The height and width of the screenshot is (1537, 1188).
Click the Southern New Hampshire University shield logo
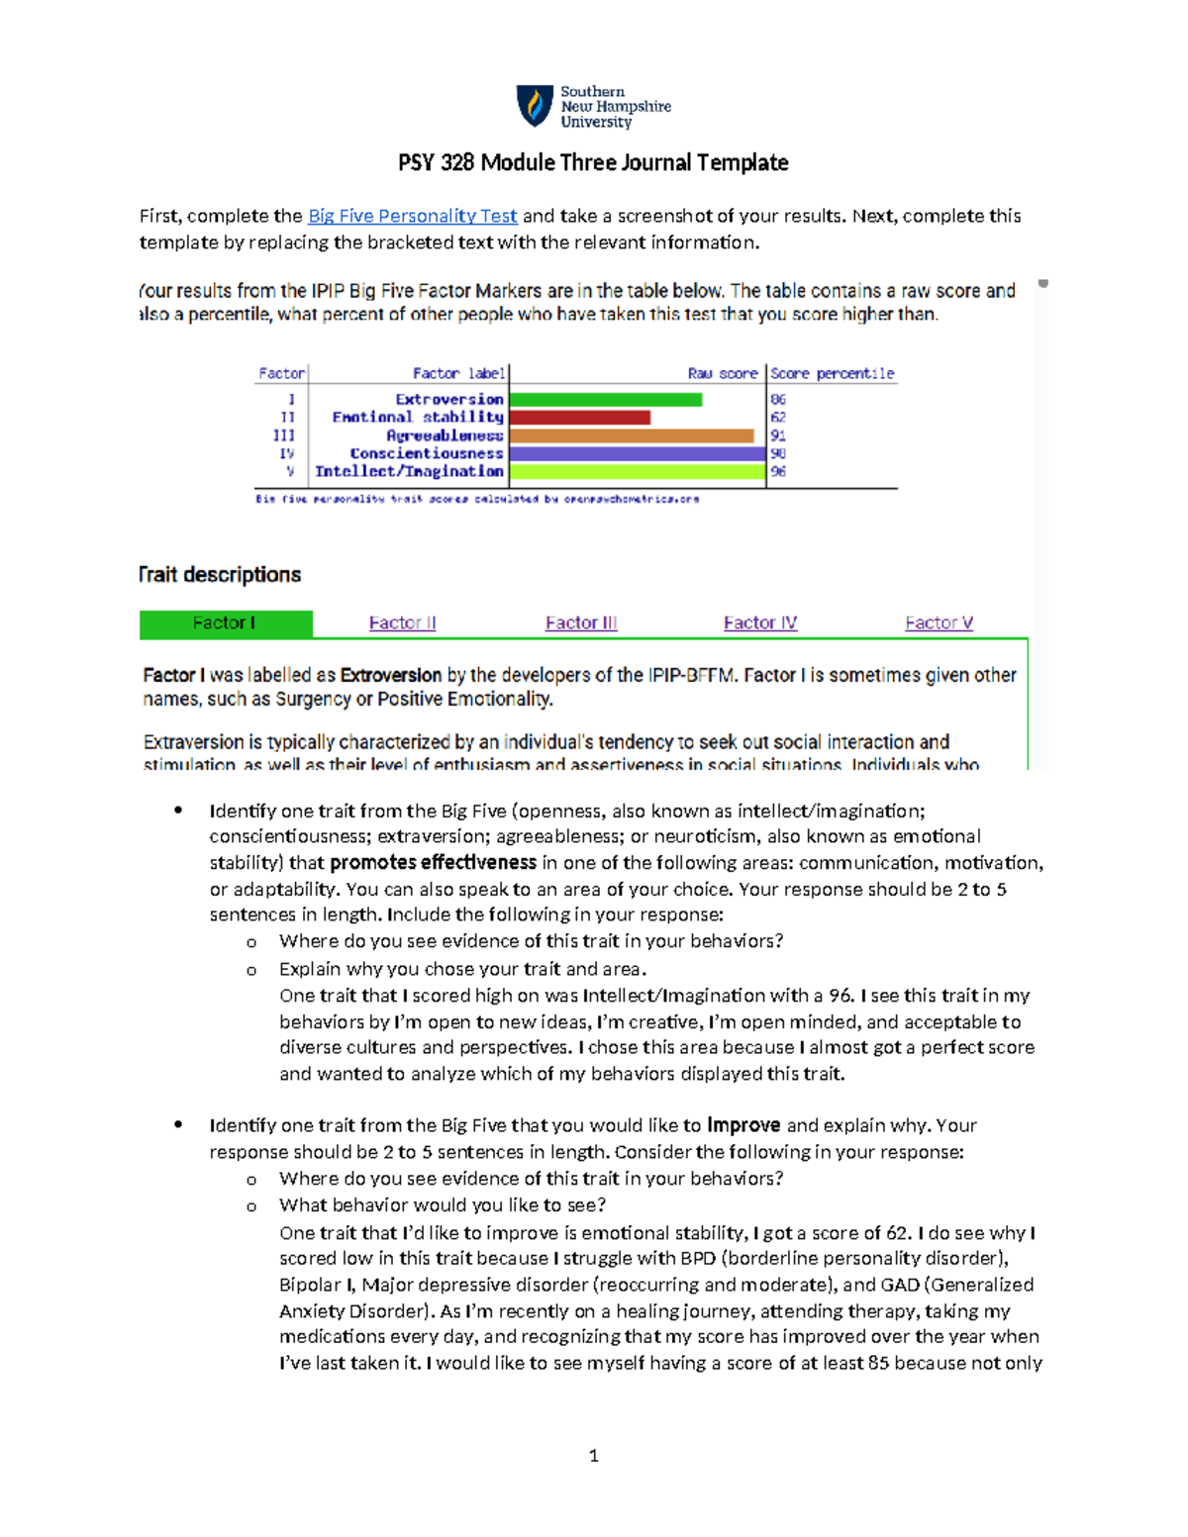(535, 106)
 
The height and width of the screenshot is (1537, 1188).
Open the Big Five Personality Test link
(412, 216)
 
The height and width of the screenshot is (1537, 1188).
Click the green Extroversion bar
(605, 400)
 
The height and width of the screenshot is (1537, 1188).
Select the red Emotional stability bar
(579, 418)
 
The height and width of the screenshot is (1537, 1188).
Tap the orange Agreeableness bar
(631, 435)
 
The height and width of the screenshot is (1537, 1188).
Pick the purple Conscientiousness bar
(637, 453)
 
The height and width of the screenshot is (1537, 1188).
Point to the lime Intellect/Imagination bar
(637, 472)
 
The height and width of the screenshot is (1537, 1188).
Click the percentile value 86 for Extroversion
(778, 400)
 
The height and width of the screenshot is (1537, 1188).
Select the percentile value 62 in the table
(778, 418)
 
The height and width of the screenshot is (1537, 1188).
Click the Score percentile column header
(832, 374)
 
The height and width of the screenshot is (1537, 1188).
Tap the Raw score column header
(722, 374)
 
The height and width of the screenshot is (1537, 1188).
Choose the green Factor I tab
(225, 624)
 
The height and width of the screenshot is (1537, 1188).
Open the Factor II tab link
(402, 624)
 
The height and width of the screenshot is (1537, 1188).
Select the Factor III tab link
(581, 624)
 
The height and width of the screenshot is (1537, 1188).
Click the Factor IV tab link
(759, 624)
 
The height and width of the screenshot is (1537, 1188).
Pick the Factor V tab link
(939, 624)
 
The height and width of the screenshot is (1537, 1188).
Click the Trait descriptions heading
(220, 575)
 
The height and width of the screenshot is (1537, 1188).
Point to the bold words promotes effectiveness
(433, 863)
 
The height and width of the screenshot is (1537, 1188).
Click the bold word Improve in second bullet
(742, 1126)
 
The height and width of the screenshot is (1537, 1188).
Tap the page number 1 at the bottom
(593, 1456)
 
